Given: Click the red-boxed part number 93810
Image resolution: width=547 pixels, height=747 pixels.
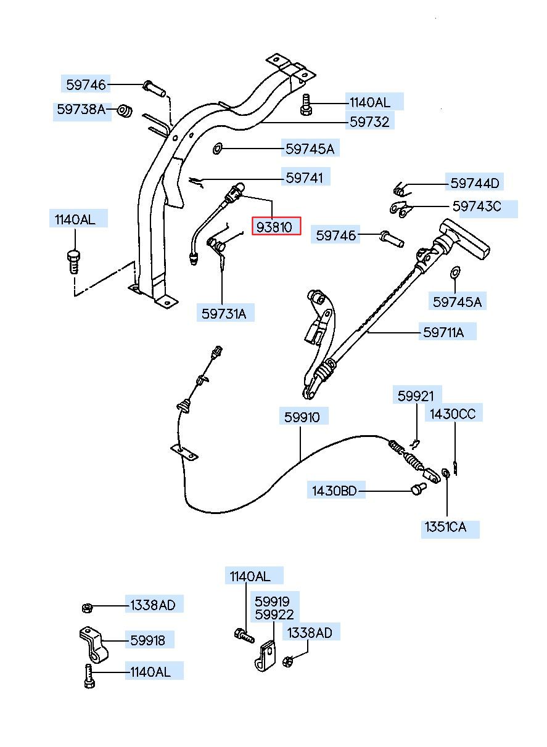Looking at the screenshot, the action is pos(274,227).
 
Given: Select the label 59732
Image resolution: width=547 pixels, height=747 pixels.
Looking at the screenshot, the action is pos(369,122).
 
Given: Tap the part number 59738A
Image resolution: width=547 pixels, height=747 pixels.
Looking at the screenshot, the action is pos(81,109).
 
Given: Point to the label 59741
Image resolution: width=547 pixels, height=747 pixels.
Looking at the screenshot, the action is pos(305,178).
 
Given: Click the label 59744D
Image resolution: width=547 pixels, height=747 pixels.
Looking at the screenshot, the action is pos(475,183).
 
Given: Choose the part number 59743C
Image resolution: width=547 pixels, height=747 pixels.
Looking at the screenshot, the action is pos(477,206).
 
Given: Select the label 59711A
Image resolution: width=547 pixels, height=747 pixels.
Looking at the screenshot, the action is pos(443,332).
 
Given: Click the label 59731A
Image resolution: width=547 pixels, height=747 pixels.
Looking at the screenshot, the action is pos(224,314).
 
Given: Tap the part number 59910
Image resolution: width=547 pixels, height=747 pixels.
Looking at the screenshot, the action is pos(302,417).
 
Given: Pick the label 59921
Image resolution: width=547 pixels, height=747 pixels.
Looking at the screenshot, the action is pos(416,396).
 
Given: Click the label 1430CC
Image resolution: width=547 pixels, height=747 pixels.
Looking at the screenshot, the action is pos(453,414).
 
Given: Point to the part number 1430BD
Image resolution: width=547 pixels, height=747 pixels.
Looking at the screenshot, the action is pos(334,491).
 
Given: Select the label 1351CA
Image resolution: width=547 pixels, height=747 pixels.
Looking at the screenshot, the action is pos(445,527).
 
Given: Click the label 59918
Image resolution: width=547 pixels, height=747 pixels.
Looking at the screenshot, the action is pos(147,640).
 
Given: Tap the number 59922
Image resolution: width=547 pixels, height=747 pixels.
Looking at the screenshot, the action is pos(274,614).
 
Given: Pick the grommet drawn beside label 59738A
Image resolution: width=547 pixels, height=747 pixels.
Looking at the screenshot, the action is pos(125,110).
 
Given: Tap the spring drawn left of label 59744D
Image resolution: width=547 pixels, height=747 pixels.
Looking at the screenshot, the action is pos(401,189).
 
